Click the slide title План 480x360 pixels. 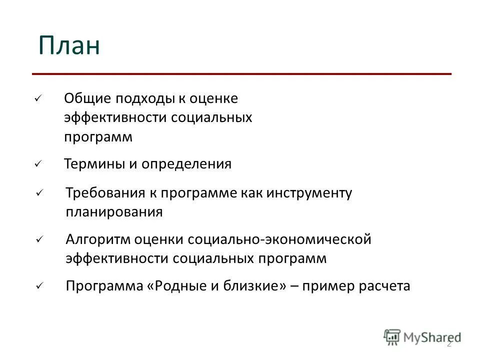point(69,46)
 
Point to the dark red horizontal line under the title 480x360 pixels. point(241,74)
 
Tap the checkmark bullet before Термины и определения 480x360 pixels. point(37,164)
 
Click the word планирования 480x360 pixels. point(114,212)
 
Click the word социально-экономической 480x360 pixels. point(279,239)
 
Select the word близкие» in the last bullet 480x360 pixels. point(254,286)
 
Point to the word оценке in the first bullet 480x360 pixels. point(213,99)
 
